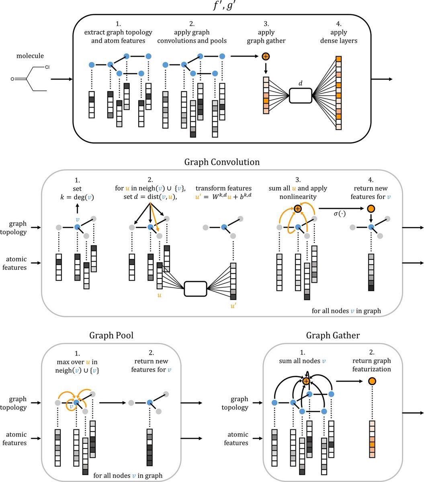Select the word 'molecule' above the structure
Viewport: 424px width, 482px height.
(30, 56)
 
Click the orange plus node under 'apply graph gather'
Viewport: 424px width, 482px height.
(266, 57)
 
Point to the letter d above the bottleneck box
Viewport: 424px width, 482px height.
(300, 84)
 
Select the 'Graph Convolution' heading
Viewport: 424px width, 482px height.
(222, 162)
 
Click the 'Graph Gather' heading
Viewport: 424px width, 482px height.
(333, 335)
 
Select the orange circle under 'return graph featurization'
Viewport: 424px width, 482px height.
(373, 380)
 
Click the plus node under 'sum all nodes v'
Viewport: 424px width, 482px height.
(306, 381)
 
